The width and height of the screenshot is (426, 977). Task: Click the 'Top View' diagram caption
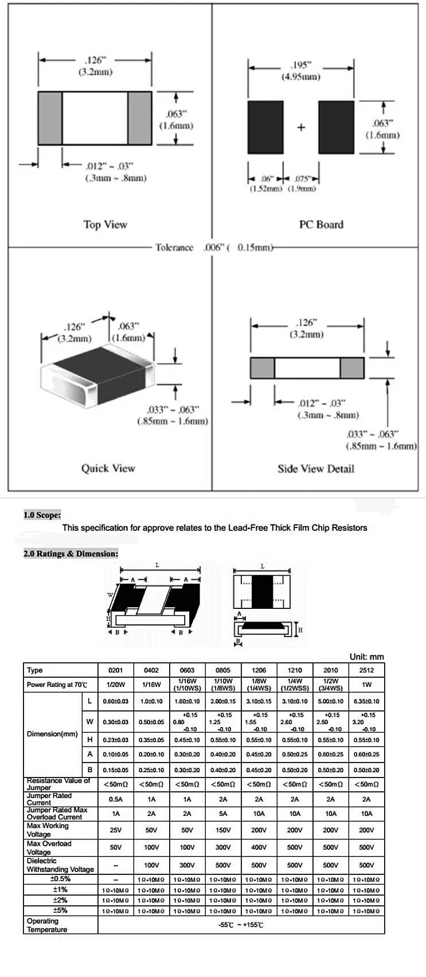click(105, 225)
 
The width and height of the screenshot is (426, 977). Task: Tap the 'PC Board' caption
click(321, 225)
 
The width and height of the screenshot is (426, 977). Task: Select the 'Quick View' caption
click(108, 468)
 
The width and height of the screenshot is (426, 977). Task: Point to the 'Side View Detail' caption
click(316, 469)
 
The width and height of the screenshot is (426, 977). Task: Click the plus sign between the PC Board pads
click(301, 128)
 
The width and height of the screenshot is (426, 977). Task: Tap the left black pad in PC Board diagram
click(265, 127)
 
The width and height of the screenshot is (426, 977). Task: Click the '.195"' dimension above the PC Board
click(300, 65)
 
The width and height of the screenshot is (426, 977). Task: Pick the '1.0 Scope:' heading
click(42, 515)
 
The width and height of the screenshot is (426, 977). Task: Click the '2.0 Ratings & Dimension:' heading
click(71, 553)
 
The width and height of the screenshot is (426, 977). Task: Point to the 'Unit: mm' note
click(366, 656)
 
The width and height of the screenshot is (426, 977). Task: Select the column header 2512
click(366, 670)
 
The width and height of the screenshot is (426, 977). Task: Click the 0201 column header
click(116, 670)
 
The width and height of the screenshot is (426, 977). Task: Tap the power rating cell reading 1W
click(366, 685)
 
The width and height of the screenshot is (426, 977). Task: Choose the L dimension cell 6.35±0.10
click(366, 701)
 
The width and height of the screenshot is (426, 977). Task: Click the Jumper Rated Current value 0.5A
click(116, 799)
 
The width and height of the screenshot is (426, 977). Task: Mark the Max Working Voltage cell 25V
click(116, 830)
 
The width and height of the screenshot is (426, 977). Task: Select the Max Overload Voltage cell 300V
click(223, 847)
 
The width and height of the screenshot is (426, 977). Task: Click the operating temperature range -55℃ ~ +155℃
click(241, 925)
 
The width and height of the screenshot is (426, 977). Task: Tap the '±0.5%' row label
click(60, 879)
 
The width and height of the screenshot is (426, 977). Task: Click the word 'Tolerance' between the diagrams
click(174, 248)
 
